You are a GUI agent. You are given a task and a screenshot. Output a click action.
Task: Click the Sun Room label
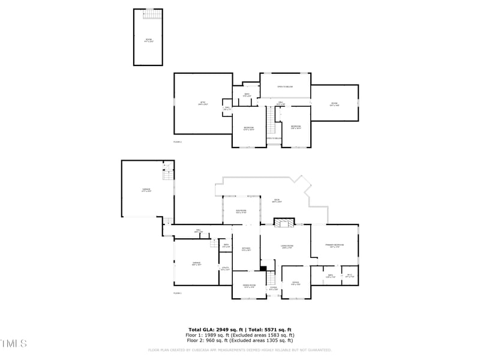(x=241, y=212)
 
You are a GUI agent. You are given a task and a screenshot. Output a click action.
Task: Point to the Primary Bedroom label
(x=334, y=245)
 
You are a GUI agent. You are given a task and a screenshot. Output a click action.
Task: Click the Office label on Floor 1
(x=296, y=283)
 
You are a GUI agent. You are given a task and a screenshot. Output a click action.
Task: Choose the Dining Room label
(x=249, y=286)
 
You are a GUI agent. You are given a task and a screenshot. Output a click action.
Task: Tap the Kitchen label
(x=246, y=249)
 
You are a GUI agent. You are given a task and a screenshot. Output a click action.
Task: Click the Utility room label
(x=225, y=269)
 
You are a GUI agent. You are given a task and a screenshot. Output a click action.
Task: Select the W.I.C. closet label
(x=350, y=276)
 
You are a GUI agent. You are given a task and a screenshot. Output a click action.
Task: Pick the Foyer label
(x=274, y=288)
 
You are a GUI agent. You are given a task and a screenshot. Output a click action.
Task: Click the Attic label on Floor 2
(x=203, y=103)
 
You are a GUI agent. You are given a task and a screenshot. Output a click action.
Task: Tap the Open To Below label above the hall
(x=285, y=87)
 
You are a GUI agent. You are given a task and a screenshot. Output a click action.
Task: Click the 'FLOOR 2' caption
(x=178, y=142)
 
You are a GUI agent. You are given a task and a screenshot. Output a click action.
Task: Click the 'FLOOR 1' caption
(x=178, y=293)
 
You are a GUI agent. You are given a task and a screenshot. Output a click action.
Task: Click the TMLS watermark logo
(x=14, y=344)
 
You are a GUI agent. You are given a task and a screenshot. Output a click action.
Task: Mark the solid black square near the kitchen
(x=263, y=268)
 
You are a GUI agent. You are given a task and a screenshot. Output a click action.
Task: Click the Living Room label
(x=287, y=245)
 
